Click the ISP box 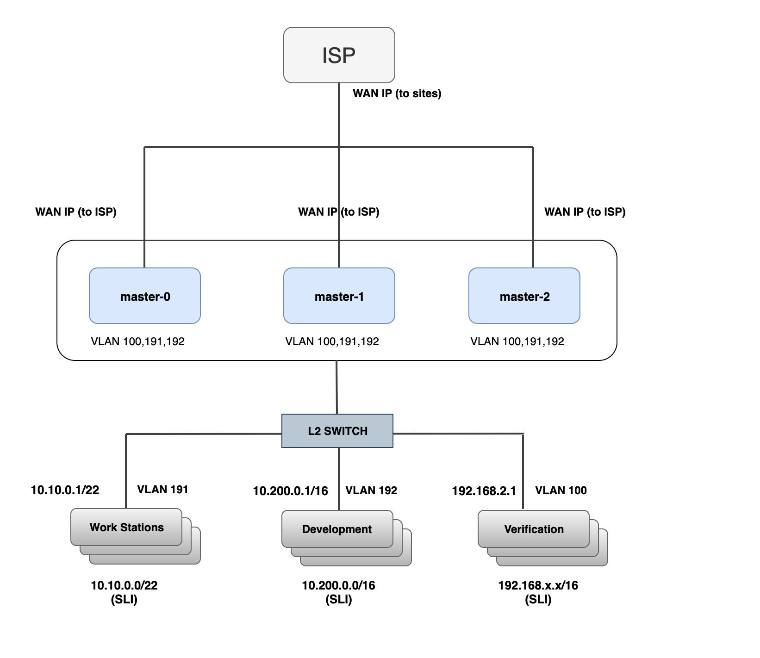tap(339, 55)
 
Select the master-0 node tap(144, 296)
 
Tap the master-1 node tap(339, 296)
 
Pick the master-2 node tap(524, 296)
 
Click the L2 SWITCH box tap(337, 431)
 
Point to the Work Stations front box tap(126, 527)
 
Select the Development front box tap(337, 529)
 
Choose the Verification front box tap(534, 529)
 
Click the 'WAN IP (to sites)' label tap(397, 93)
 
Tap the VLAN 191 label tap(162, 490)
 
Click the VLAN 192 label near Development tap(371, 490)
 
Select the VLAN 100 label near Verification tap(561, 490)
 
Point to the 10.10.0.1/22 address tap(65, 490)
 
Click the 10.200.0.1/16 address tap(290, 491)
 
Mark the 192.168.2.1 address tap(484, 491)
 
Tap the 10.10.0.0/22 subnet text tap(124, 585)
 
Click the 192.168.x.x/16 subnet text tap(538, 585)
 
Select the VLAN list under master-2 tap(517, 341)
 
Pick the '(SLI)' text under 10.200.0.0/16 tap(338, 600)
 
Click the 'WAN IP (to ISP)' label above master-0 tap(76, 212)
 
